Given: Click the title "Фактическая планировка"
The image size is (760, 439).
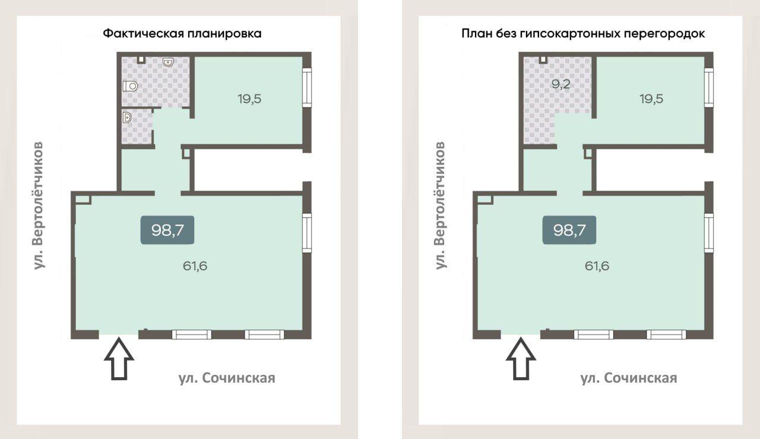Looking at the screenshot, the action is point(182,34).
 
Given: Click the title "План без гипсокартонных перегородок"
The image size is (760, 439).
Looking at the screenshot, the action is point(583,34).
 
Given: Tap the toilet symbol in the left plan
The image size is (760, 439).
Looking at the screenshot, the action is point(130,86).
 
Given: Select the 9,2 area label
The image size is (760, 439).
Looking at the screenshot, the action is point(560,84).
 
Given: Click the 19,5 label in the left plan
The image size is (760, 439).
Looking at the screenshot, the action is point(249,99).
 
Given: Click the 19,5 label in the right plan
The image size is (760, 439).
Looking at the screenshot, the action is point(651,99).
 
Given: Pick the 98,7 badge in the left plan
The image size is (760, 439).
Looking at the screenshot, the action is point(167,230).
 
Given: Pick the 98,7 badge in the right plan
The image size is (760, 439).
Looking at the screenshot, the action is point(569,230).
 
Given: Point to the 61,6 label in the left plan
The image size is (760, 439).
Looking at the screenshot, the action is point(195,266).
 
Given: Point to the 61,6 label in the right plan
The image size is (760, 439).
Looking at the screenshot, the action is point(597,266).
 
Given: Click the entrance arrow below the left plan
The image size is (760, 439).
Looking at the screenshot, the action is point(119,358).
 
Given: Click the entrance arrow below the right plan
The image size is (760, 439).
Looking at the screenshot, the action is point(521,358).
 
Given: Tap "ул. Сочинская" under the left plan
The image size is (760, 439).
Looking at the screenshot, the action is point(227,378).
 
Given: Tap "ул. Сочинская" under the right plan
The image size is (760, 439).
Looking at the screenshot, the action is point(629,378).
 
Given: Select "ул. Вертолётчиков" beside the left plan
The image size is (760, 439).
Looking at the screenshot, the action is point(38,206).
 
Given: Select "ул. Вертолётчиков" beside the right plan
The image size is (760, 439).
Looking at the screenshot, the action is point(440,206).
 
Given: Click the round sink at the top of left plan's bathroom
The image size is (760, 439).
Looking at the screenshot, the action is point(168,62).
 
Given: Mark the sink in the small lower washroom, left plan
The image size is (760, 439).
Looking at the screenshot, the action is point(127,118).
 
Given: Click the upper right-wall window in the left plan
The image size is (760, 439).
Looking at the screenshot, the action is point(307,87).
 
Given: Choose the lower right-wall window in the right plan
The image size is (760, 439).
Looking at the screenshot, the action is point(709,233).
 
